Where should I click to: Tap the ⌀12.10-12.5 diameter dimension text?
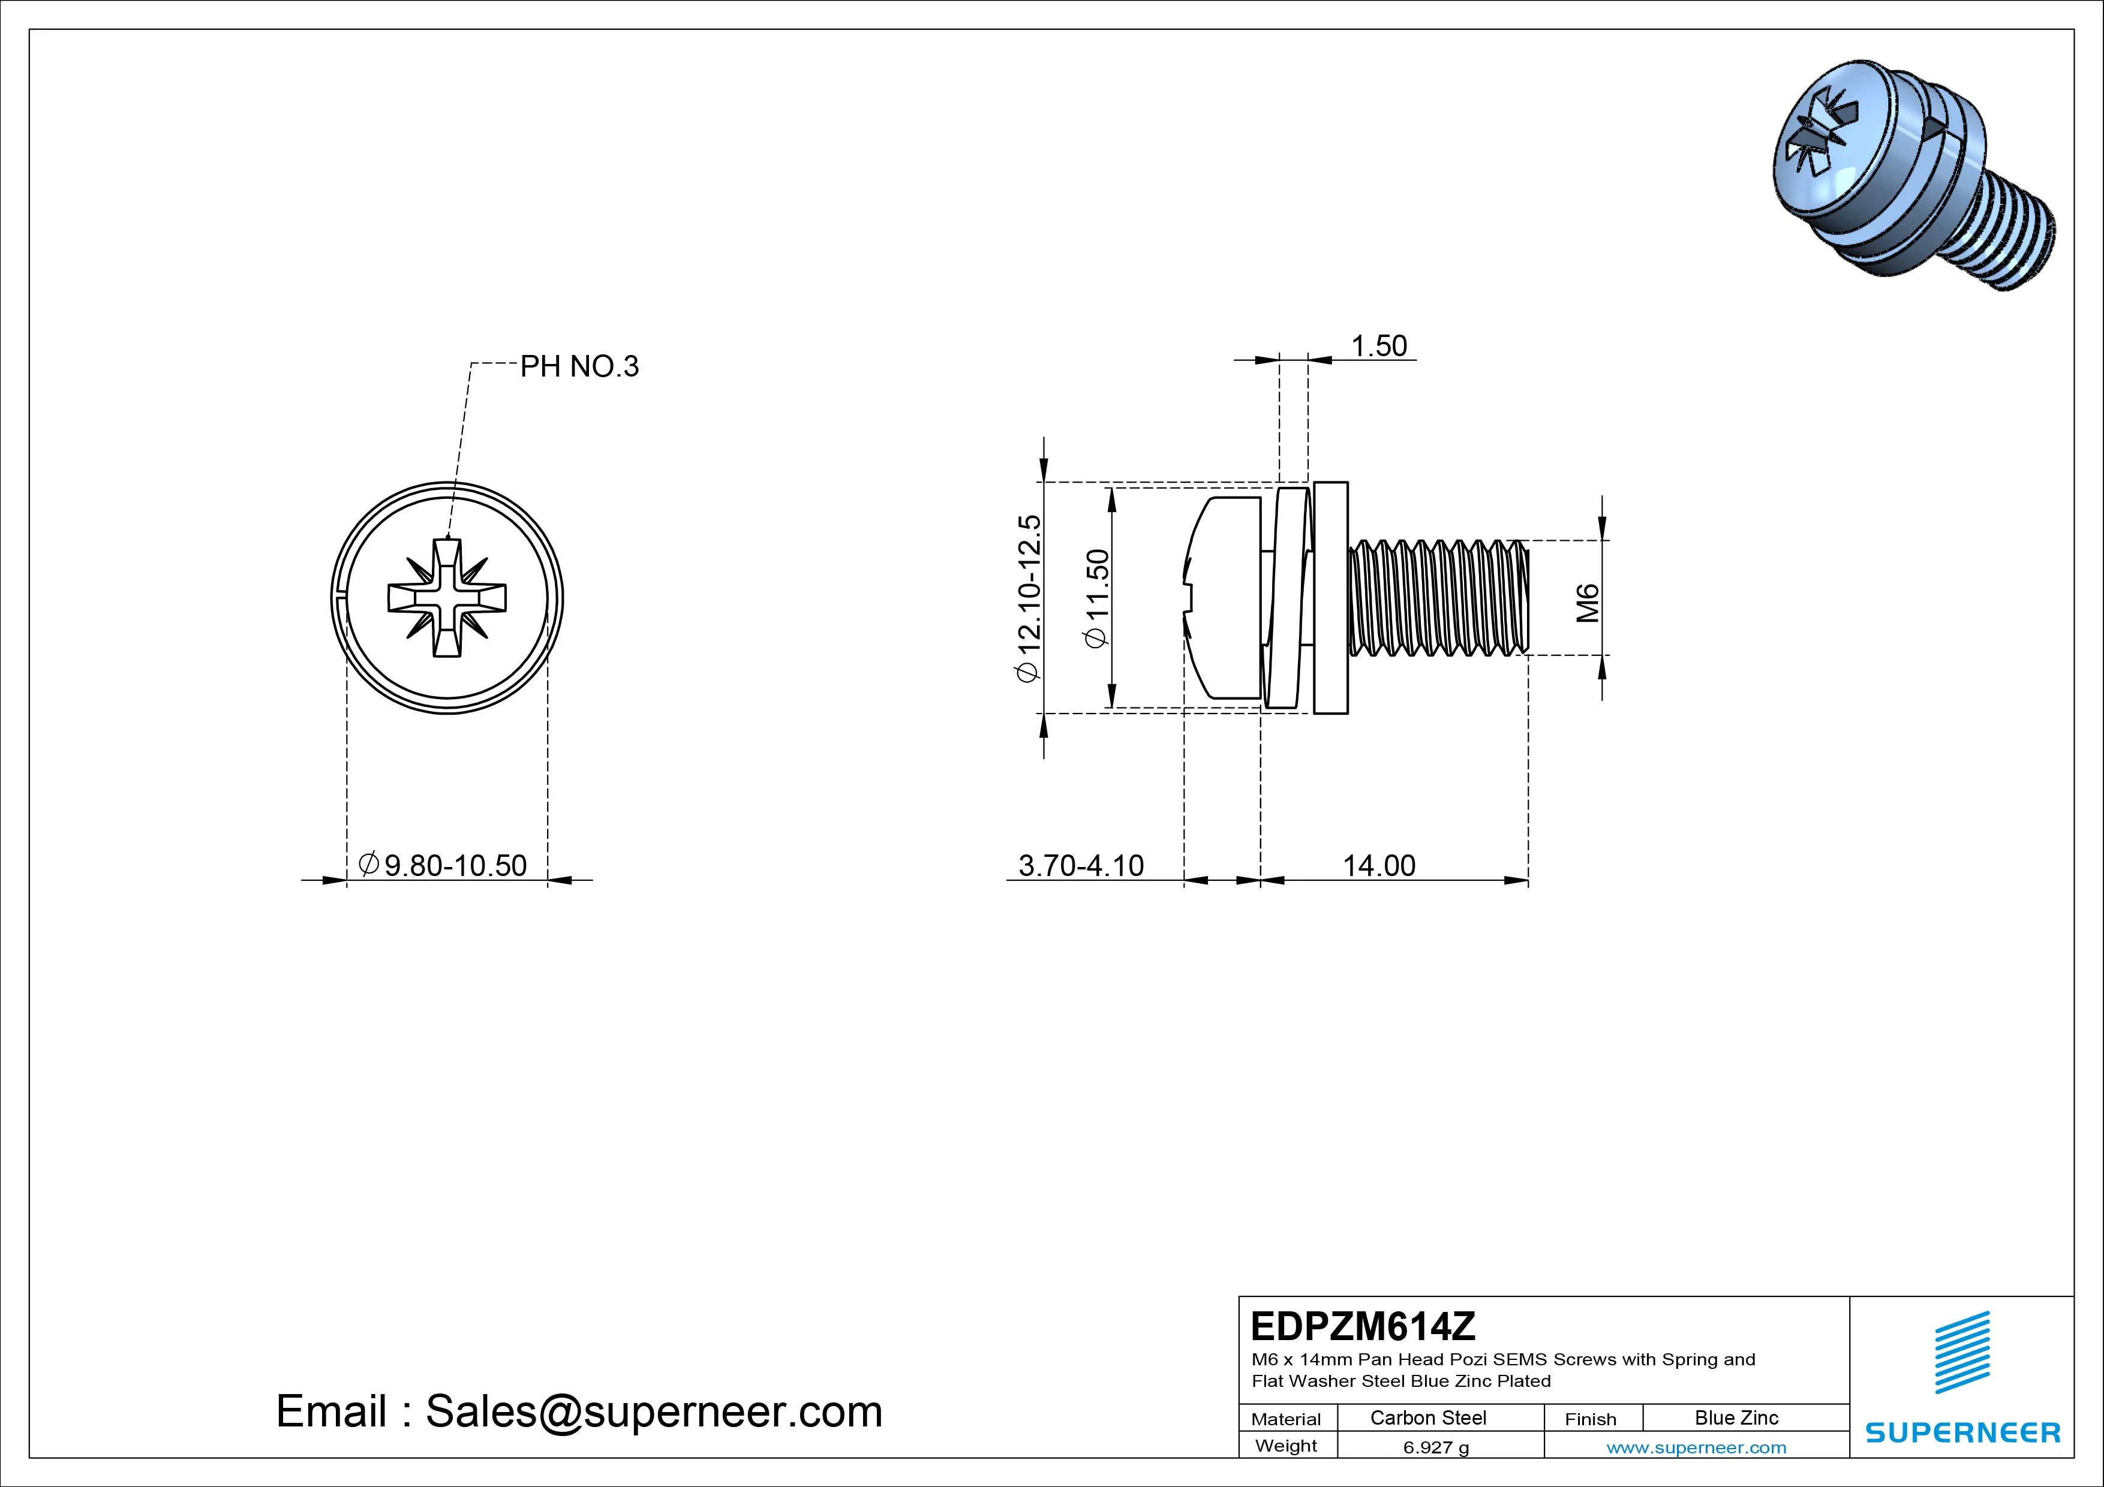tap(1028, 597)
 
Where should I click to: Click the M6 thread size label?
tap(1587, 602)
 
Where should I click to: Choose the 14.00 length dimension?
tap(1378, 865)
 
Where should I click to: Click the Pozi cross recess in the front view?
tap(447, 598)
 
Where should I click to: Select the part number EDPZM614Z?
tap(1363, 1326)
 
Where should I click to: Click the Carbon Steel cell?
tap(1427, 1417)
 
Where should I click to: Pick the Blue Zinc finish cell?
tap(1736, 1417)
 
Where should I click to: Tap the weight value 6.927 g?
tap(1435, 1447)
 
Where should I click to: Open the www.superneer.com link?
tap(1696, 1447)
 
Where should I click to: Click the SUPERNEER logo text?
tap(1962, 1432)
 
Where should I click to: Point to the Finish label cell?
tap(1590, 1418)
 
